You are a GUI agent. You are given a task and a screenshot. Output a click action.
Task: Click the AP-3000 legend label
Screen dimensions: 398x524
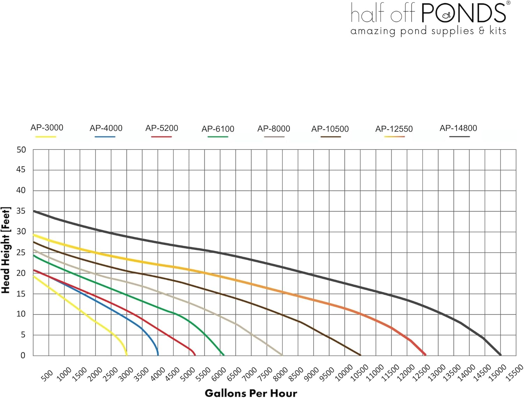point(47,128)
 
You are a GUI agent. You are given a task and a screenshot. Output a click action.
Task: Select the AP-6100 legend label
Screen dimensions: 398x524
point(218,129)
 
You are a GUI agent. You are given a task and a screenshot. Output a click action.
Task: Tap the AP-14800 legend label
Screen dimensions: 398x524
point(458,128)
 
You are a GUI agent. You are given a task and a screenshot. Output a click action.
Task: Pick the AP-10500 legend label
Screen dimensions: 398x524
point(330,129)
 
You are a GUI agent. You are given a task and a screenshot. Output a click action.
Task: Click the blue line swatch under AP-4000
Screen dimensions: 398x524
point(105,137)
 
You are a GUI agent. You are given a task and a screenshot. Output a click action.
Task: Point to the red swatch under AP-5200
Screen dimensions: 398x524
point(161,137)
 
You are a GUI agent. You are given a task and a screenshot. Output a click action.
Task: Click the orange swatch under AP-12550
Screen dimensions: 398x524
point(394,137)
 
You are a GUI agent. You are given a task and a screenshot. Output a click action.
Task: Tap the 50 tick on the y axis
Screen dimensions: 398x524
point(21,150)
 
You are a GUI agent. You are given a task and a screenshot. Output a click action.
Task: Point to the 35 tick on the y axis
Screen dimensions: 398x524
point(21,211)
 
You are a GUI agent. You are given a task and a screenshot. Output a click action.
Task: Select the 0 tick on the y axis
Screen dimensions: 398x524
point(23,356)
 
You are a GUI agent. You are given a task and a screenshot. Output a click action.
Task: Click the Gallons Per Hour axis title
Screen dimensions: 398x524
point(251,393)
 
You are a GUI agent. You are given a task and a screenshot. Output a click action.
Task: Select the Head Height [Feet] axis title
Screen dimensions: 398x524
point(6,250)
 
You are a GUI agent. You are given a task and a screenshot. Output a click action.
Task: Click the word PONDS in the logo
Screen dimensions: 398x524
point(463,13)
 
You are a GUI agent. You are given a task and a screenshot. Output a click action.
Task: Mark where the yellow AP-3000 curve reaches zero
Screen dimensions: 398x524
point(126,355)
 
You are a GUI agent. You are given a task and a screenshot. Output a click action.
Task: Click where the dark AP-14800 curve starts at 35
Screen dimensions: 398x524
point(34,211)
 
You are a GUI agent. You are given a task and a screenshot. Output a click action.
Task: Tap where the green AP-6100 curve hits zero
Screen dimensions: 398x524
point(224,355)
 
